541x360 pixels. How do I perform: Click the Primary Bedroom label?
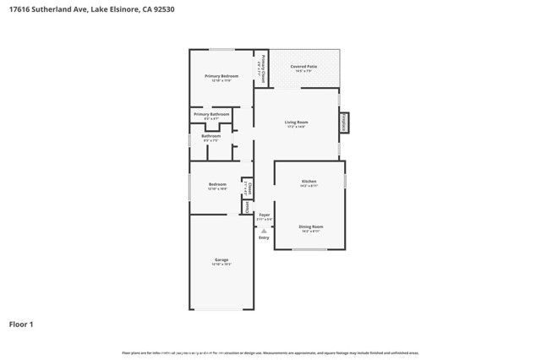tap(221, 76)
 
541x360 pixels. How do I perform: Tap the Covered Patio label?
tap(303, 66)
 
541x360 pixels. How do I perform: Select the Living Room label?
tap(296, 123)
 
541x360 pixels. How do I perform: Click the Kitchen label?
tap(309, 182)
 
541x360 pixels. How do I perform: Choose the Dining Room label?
tap(310, 226)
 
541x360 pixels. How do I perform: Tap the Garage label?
tap(221, 259)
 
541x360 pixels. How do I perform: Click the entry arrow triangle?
tap(264, 230)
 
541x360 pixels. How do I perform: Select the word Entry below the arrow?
tap(264, 237)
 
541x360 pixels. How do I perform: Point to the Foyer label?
tap(264, 215)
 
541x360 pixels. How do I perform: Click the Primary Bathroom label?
tap(211, 114)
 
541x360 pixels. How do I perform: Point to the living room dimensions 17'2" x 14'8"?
tap(296, 128)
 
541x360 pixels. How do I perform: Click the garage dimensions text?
tap(221, 265)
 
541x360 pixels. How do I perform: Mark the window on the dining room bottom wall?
tap(309, 249)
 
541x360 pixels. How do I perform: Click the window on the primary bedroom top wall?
tap(221, 49)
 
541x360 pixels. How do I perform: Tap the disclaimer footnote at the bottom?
tap(270, 352)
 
